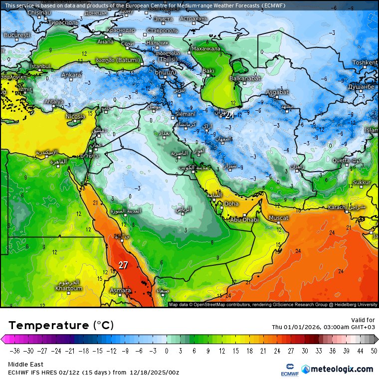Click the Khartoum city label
[68, 288]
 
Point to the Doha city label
[231, 203]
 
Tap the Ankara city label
[70, 75]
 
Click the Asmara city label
[120, 290]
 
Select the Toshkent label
[365, 63]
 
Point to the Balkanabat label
[244, 79]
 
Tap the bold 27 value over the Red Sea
[123, 265]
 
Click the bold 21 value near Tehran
[229, 115]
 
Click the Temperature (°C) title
[61, 326]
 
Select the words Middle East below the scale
[25, 365]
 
